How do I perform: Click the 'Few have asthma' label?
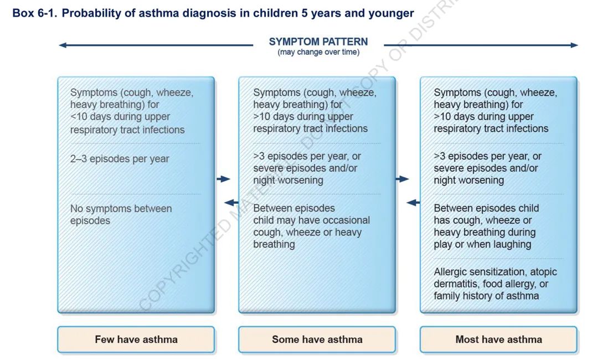[x=136, y=340]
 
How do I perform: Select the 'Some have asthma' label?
[x=317, y=340]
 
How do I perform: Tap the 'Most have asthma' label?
[x=498, y=340]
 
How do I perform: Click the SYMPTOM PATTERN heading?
[x=318, y=42]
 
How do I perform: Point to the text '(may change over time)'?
[x=318, y=52]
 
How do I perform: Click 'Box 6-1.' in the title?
[x=35, y=13]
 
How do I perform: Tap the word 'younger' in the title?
[x=391, y=14]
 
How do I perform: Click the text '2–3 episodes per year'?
[x=120, y=158]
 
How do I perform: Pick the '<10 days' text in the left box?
[x=90, y=117]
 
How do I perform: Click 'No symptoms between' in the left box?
[x=121, y=209]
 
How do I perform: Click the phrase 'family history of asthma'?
[x=486, y=296]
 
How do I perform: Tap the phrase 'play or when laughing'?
[x=482, y=244]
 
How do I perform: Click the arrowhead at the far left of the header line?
[x=63, y=45]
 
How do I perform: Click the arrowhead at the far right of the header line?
[x=574, y=45]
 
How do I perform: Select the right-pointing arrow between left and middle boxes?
[x=224, y=179]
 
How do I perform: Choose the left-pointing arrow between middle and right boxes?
[x=413, y=203]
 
